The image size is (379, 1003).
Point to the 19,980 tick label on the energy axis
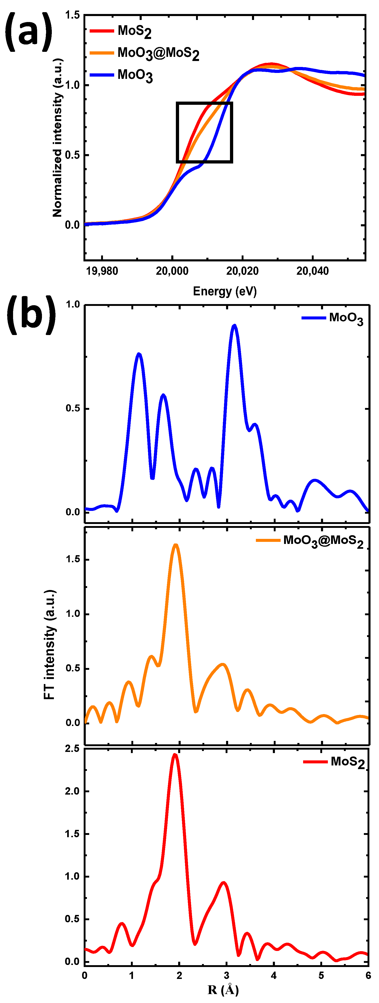click(102, 271)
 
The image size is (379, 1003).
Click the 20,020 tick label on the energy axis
click(242, 271)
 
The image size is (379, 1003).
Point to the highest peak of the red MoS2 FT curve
click(175, 755)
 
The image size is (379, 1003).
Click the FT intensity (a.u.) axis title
click(50, 644)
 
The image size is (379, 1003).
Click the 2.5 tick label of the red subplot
click(72, 749)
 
